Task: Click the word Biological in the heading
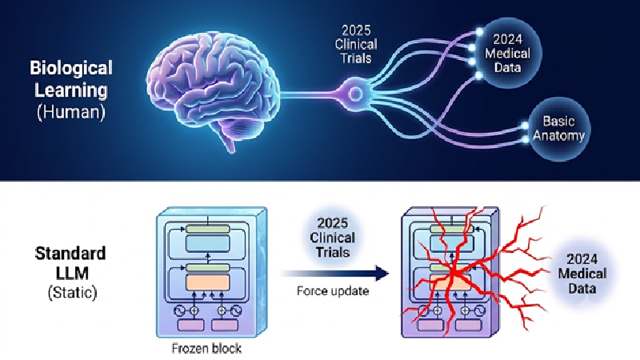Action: (x=71, y=68)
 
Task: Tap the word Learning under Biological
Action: (x=71, y=90)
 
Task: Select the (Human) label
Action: (x=71, y=111)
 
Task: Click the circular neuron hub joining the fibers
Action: (x=355, y=94)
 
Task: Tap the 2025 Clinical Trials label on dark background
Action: (x=356, y=44)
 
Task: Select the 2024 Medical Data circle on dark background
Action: (x=507, y=53)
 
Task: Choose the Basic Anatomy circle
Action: (x=558, y=128)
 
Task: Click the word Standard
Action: (x=70, y=254)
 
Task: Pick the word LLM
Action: (x=72, y=273)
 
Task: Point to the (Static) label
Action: (x=72, y=292)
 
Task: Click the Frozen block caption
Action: (x=206, y=348)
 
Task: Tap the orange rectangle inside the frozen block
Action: (x=207, y=282)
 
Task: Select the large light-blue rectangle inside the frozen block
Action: (x=207, y=244)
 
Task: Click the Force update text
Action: (x=333, y=291)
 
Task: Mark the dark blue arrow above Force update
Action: (x=334, y=273)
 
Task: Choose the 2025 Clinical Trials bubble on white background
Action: (x=333, y=238)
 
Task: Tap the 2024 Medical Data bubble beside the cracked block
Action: (x=582, y=274)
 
